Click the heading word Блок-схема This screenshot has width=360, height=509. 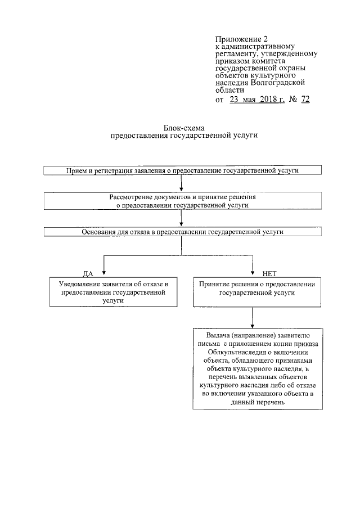[x=181, y=128]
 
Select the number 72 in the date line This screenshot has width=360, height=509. [x=305, y=100]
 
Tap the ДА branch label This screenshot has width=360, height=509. [x=88, y=273]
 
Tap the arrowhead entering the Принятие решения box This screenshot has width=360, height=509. [x=253, y=274]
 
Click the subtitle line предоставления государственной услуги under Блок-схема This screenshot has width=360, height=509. [x=181, y=136]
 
